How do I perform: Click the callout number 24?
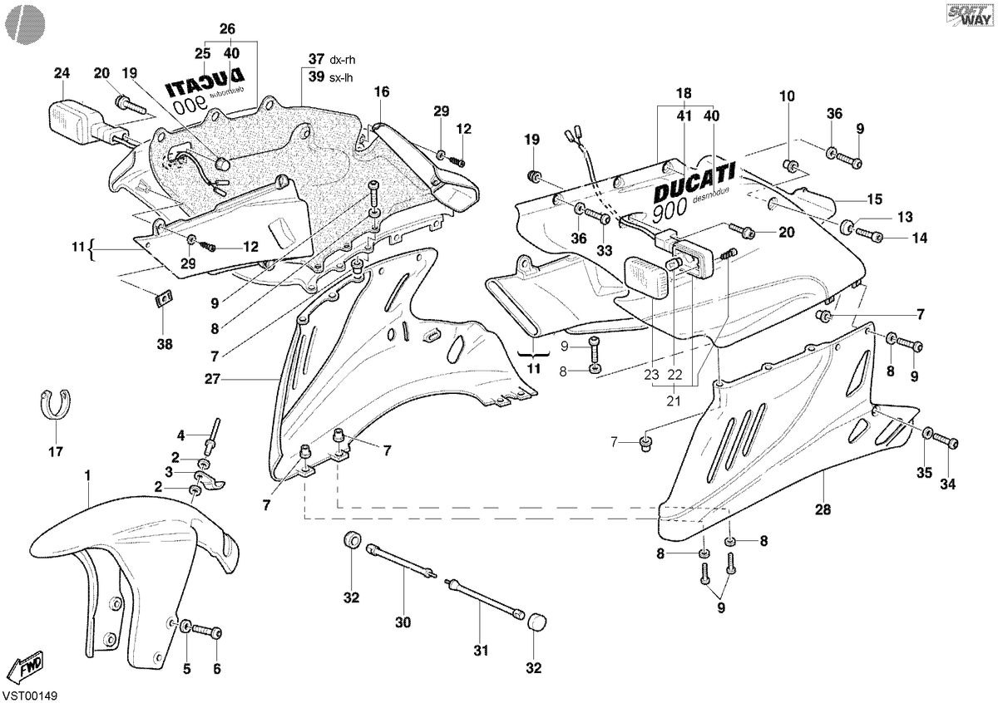62,73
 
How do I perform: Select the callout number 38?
165,344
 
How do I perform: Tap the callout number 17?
56,452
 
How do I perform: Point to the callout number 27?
213,379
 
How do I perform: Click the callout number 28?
823,509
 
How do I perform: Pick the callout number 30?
403,622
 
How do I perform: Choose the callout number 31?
481,651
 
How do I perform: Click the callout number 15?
875,199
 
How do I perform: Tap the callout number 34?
947,484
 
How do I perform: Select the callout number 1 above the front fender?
88,475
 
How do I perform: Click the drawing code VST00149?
30,696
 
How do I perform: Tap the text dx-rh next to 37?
342,60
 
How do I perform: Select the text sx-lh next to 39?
341,77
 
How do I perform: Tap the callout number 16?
382,91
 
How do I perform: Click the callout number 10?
788,96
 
